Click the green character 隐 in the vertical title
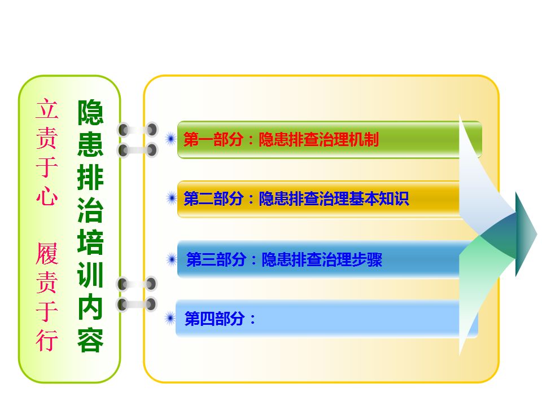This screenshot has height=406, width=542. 90,113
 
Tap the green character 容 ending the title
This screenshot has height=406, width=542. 90,340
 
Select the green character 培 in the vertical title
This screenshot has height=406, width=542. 90,242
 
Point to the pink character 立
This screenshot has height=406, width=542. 47,109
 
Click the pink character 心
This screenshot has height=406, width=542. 47,196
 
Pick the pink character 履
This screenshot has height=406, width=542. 47,253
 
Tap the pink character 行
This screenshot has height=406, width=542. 47,340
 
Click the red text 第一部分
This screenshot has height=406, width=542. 213,139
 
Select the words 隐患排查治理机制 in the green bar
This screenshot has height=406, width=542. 318,139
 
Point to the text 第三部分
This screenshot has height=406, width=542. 216,259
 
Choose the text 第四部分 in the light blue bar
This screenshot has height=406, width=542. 215,318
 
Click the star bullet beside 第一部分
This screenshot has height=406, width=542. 171,139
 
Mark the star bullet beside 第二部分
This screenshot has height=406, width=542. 172,198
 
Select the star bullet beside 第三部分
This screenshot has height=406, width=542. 172,259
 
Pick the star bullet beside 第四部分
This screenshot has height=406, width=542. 170,318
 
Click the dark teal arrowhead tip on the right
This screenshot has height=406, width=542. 537,235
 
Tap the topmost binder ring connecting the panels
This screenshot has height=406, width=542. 138,130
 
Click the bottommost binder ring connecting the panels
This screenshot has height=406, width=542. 137,304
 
